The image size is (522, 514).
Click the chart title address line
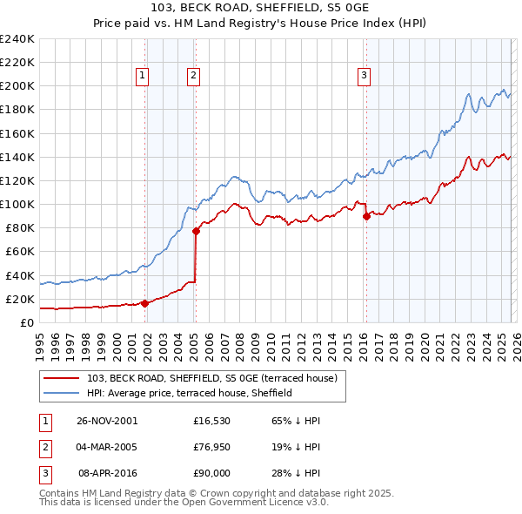[x=261, y=9]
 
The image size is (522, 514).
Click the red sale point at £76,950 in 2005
[x=196, y=231]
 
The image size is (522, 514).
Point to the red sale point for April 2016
[x=366, y=216]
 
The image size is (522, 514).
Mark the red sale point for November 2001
[x=145, y=303]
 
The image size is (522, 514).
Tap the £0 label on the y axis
[x=27, y=322]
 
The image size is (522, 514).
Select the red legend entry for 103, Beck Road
[x=217, y=378]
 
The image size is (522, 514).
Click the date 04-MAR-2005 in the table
[x=107, y=447]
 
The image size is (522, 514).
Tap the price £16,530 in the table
[x=211, y=420]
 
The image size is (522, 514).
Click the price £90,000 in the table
[x=211, y=474]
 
